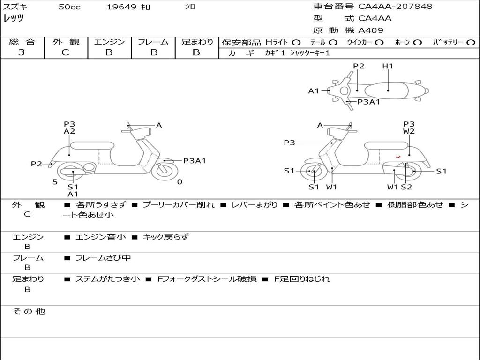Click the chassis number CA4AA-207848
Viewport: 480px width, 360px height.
pos(395,7)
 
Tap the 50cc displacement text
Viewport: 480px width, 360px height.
pos(69,7)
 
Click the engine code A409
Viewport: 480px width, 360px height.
pos(371,30)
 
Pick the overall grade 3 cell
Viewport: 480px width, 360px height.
pos(22,52)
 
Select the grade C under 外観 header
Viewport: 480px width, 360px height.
pos(65,52)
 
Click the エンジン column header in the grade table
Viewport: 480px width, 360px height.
pos(109,42)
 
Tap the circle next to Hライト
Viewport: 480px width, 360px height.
pos(297,43)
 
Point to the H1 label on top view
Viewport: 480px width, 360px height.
pos(388,66)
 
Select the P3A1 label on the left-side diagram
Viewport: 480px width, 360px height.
pos(195,161)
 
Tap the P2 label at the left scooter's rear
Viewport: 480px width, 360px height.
pos(37,164)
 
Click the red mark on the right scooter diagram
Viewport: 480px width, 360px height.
pos(398,156)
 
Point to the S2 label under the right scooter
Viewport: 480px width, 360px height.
pos(406,187)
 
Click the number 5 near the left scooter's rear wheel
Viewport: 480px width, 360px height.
pos(55,181)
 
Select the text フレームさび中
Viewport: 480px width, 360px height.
pos(103,258)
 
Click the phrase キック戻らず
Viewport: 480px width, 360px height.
pos(165,237)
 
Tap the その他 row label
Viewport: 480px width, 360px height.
pos(29,311)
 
